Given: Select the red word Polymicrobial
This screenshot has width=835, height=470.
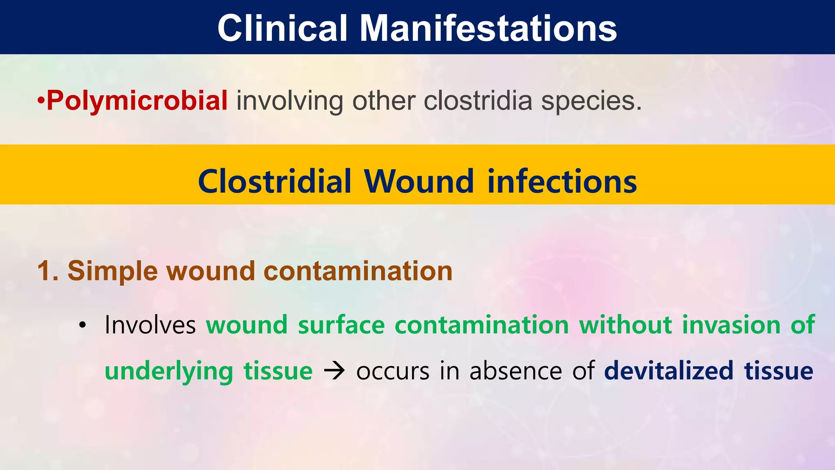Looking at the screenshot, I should (x=137, y=100).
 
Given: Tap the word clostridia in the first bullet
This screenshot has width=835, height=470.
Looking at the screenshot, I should (x=478, y=100).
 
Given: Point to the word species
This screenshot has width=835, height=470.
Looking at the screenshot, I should (x=591, y=101).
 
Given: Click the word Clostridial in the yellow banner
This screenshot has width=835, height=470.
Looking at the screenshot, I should (x=274, y=182).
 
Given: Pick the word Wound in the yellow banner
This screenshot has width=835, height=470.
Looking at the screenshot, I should (x=419, y=182).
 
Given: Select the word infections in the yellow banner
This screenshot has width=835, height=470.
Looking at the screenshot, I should (x=562, y=182).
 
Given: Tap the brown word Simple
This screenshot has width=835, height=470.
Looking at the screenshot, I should (x=113, y=272).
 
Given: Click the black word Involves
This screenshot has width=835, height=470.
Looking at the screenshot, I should (x=150, y=325).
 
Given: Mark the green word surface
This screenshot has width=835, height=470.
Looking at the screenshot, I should (x=341, y=325).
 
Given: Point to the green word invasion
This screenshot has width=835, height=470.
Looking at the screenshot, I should (x=731, y=325).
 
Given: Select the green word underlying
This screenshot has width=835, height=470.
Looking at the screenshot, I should (x=169, y=372).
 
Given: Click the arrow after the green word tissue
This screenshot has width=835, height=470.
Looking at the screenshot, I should (x=334, y=371).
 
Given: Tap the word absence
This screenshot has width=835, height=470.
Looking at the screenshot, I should (x=516, y=371).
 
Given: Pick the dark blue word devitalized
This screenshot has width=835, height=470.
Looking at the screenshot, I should (x=669, y=371).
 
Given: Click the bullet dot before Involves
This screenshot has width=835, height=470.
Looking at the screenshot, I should (x=83, y=326).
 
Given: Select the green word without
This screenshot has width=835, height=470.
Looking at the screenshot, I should (x=625, y=325).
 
